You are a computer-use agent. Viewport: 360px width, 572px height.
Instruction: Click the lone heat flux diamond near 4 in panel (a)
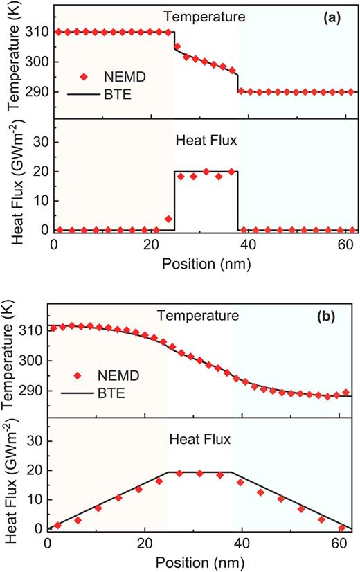[169, 219]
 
